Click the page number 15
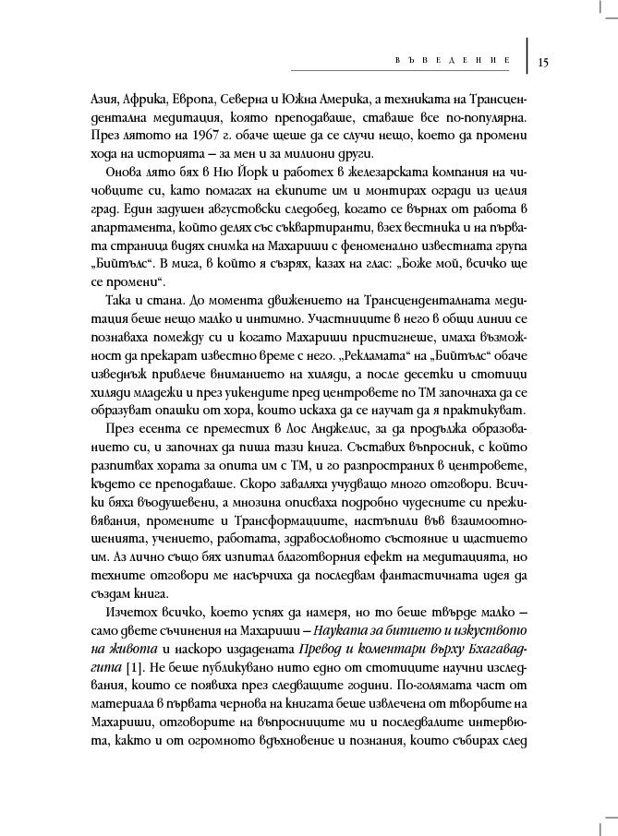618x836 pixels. click(542, 63)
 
